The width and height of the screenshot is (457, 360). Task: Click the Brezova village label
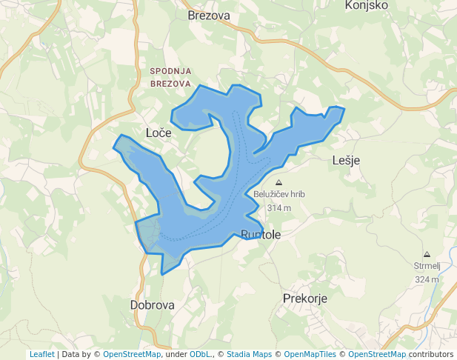(x=209, y=15)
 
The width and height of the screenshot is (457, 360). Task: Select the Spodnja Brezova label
(x=170, y=77)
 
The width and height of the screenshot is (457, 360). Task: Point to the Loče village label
(x=159, y=133)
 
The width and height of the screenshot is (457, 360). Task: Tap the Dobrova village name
(x=152, y=304)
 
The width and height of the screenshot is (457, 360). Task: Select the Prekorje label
(x=305, y=299)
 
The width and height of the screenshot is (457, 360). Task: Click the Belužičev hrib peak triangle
(x=278, y=182)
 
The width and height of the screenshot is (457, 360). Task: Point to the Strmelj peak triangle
(x=427, y=253)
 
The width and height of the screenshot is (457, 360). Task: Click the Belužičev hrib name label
(x=279, y=195)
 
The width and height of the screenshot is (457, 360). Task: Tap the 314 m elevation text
(x=279, y=208)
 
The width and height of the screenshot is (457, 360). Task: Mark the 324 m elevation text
(x=427, y=279)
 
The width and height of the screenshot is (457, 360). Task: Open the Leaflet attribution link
(x=41, y=354)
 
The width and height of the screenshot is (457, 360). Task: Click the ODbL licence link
(x=199, y=354)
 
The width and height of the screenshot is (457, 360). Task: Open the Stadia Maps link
(x=249, y=354)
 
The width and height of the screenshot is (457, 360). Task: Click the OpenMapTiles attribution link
(x=310, y=354)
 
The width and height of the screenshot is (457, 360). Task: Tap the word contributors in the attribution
(x=430, y=354)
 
